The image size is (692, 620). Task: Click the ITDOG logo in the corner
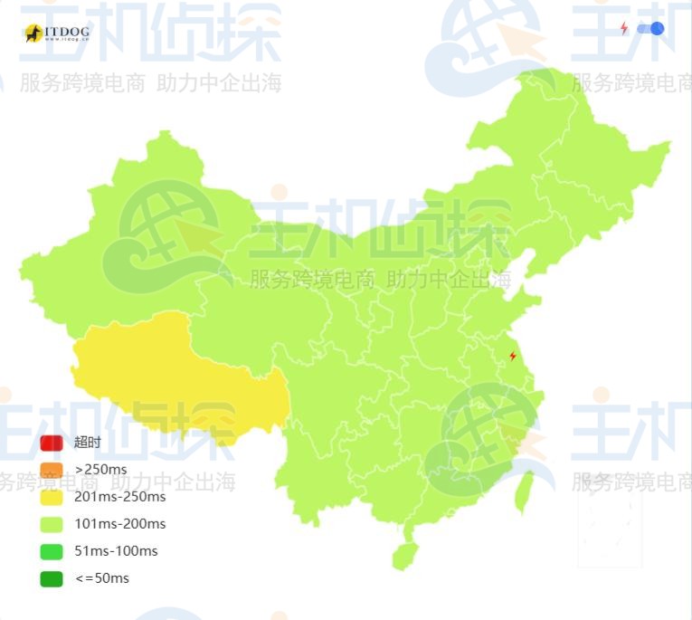[57, 33]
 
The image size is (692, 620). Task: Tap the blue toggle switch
[650, 29]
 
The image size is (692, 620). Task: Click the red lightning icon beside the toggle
[624, 29]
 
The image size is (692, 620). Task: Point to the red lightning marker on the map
[513, 357]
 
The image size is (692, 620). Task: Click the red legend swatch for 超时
[52, 443]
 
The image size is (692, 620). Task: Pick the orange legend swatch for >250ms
[52, 470]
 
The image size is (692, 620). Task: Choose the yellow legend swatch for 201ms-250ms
[52, 497]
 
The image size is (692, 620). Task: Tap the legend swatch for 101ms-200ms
[52, 524]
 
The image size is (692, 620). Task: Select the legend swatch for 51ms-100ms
[52, 551]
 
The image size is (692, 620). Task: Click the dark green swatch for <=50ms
[52, 578]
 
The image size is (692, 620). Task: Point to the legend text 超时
[88, 443]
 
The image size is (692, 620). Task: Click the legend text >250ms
[101, 470]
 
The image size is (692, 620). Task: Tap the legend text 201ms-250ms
[120, 497]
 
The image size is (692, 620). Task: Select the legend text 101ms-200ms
[120, 524]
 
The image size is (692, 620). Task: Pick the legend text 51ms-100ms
[116, 551]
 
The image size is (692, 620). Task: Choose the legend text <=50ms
[102, 578]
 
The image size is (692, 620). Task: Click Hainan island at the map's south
[404, 553]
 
